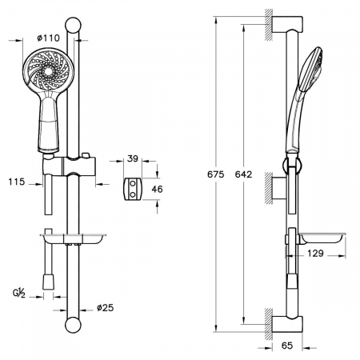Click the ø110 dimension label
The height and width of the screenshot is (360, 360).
pyautogui.click(x=48, y=38)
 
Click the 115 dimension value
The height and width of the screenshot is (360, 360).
pyautogui.click(x=17, y=182)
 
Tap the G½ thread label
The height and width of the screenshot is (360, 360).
pyautogui.click(x=19, y=293)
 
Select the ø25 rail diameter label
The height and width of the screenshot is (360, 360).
pyautogui.click(x=105, y=308)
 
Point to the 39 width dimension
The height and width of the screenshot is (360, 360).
pyautogui.click(x=133, y=158)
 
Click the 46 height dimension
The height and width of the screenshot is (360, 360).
pyautogui.click(x=157, y=190)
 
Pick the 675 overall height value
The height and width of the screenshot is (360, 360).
pyautogui.click(x=216, y=174)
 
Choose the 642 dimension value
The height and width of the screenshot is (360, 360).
pyautogui.click(x=243, y=174)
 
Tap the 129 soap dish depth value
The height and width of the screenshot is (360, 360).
pyautogui.click(x=315, y=253)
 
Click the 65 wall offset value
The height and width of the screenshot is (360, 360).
pyautogui.click(x=287, y=346)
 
